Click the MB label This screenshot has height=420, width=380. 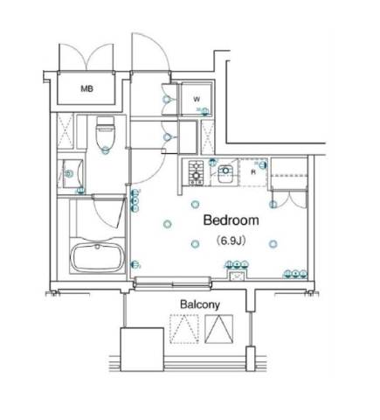pyautogui.click(x=86, y=88)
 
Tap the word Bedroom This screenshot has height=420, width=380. pyautogui.click(x=231, y=220)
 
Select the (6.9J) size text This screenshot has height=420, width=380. pyautogui.click(x=231, y=241)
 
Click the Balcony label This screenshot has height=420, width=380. pyautogui.click(x=200, y=304)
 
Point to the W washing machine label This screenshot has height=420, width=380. pyautogui.click(x=197, y=100)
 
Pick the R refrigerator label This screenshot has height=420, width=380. pyautogui.click(x=253, y=172)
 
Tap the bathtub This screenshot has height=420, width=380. pyautogui.click(x=98, y=257)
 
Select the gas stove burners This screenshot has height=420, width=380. pyautogui.click(x=196, y=172)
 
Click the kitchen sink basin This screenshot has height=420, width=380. pyautogui.click(x=225, y=174)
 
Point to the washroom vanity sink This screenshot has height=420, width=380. pyautogui.click(x=71, y=173)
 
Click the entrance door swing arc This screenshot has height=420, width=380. pyautogui.click(x=150, y=51)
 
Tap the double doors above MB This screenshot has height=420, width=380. pyautogui.click(x=86, y=57)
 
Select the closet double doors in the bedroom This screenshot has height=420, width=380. pyautogui.click(x=289, y=199)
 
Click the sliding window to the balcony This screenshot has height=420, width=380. pyautogui.click(x=173, y=283)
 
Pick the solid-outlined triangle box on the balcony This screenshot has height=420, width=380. pyautogui.click(x=219, y=329)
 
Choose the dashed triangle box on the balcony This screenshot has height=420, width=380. pyautogui.click(x=184, y=329)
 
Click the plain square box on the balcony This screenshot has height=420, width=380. pyautogui.click(x=142, y=349)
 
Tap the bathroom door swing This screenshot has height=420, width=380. pyautogui.click(x=108, y=212)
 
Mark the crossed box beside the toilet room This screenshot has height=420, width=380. pyautogui.click(x=65, y=131)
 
